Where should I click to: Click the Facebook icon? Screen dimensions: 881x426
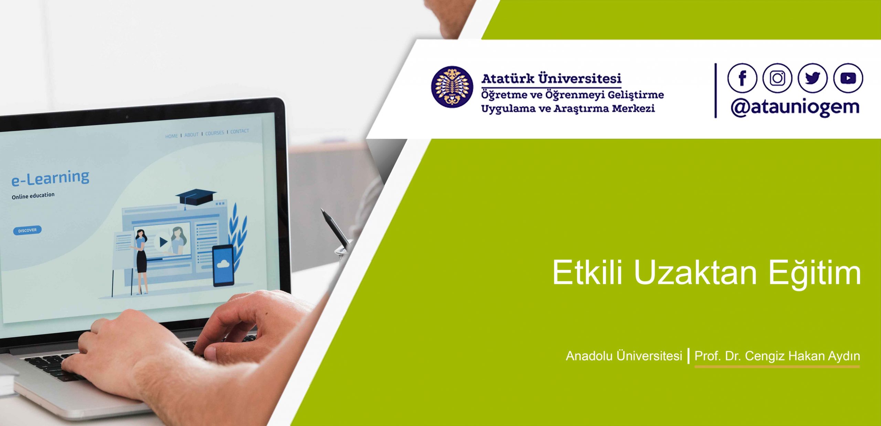(742, 78)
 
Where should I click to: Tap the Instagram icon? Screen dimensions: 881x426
(777, 78)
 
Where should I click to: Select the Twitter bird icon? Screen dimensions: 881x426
(813, 78)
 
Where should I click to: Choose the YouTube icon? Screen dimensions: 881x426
(848, 78)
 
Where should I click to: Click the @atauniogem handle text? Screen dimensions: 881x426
(795, 108)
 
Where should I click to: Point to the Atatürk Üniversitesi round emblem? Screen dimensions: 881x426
(452, 87)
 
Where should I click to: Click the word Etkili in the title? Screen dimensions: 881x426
(587, 272)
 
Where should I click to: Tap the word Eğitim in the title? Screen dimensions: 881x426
(815, 273)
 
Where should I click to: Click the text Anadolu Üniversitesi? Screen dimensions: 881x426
(624, 356)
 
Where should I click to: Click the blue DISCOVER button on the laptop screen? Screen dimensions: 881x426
(27, 230)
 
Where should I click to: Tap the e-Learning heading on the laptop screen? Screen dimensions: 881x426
(50, 178)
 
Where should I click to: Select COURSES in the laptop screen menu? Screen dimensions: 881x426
(214, 133)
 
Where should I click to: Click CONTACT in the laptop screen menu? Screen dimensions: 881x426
(240, 131)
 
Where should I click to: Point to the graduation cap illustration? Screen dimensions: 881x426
(195, 198)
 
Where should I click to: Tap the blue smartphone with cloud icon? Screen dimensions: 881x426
(223, 265)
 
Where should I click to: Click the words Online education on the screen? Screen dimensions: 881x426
(33, 196)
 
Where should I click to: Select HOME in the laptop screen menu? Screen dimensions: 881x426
(171, 136)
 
